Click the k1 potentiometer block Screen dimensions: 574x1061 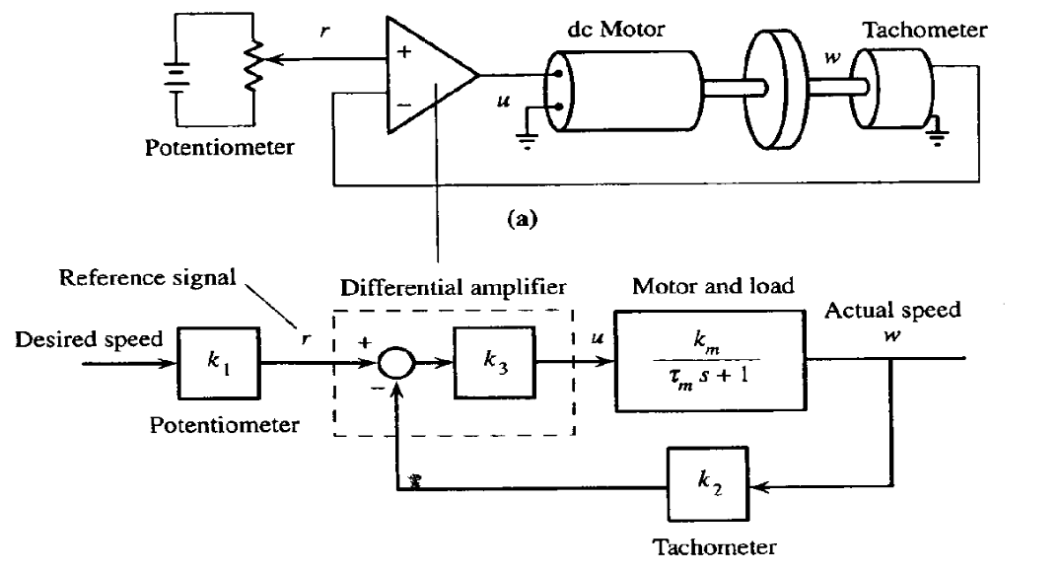pos(218,363)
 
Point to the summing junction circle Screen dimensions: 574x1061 pos(397,364)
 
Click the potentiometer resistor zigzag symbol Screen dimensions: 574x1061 pos(254,65)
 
